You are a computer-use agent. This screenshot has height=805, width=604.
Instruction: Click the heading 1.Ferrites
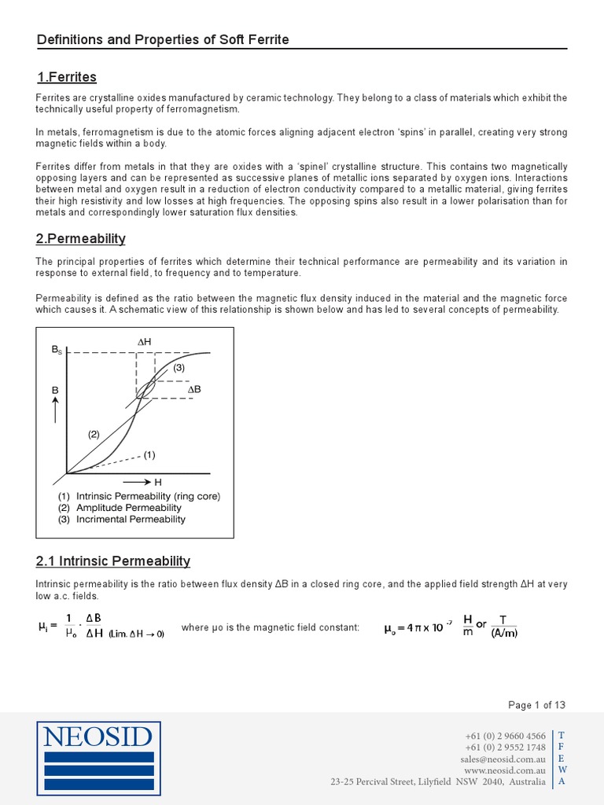coord(67,77)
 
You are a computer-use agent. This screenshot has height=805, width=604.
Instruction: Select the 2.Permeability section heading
coord(81,238)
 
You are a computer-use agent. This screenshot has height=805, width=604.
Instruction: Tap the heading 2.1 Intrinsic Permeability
coord(113,561)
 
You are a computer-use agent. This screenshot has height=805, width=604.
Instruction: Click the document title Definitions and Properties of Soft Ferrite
coord(163,39)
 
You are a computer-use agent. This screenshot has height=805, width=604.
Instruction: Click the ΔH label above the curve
coord(144,342)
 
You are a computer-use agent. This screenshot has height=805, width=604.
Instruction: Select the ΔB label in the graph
coord(194,390)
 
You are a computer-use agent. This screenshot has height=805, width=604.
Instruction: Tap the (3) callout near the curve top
coord(179,367)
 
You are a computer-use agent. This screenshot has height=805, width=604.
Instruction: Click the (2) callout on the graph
coord(94,434)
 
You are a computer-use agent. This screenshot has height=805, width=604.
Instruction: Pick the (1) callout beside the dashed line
coord(149,454)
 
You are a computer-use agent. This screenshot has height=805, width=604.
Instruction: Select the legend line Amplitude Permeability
coord(128,508)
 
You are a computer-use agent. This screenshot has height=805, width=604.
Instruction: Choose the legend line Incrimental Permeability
coord(131,520)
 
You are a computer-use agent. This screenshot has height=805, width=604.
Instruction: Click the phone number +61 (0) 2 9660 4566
coord(505,736)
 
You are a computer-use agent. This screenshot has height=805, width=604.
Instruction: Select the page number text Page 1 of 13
coord(536,704)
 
